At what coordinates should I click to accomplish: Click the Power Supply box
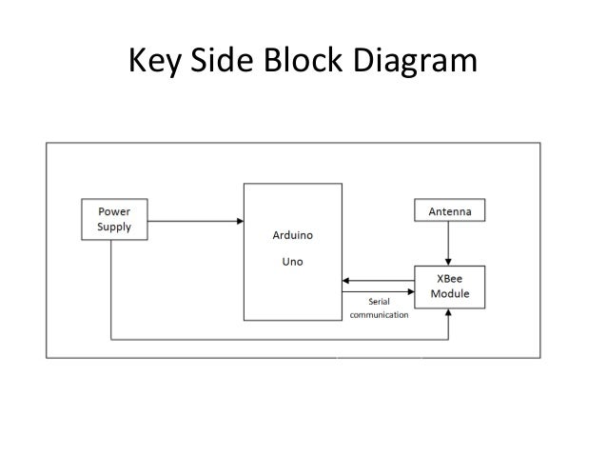coord(112,220)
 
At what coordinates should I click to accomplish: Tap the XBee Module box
coord(450,287)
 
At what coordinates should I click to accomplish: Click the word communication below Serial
coord(380,315)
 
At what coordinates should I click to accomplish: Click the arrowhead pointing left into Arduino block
coord(347,280)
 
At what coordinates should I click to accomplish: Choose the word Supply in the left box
coord(112,228)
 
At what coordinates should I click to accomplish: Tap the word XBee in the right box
coord(450,280)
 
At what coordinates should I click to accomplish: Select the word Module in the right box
coord(450,295)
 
